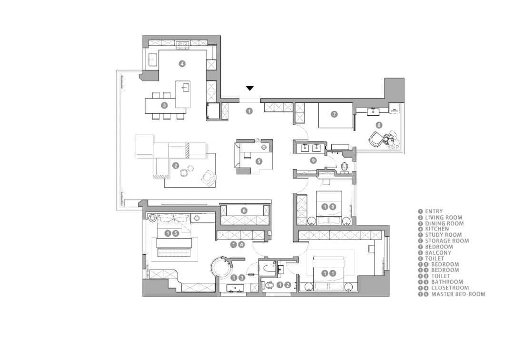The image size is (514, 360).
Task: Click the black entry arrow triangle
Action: (250, 88)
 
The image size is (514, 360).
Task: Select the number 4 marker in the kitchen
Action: (182, 64)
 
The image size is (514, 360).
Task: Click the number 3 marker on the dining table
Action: (165, 105)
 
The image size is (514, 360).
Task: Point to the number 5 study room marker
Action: (259, 161)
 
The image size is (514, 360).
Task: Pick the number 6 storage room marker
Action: (244, 211)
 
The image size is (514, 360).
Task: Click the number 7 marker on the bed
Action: (334, 114)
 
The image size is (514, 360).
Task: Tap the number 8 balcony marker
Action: (379, 125)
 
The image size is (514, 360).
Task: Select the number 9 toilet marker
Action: (314, 160)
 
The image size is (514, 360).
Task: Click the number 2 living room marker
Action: (176, 166)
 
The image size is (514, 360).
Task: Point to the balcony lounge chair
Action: (376, 139)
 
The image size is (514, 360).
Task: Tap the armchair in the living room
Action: (209, 178)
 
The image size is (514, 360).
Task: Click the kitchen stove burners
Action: (183, 44)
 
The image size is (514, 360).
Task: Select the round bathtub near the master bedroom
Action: (221, 267)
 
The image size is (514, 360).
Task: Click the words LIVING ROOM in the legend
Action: (444, 217)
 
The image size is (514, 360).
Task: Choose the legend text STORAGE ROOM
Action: (447, 240)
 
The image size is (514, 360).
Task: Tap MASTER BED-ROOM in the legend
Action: (458, 294)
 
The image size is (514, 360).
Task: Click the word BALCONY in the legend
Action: (438, 252)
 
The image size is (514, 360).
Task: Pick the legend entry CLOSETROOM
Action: (450, 288)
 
